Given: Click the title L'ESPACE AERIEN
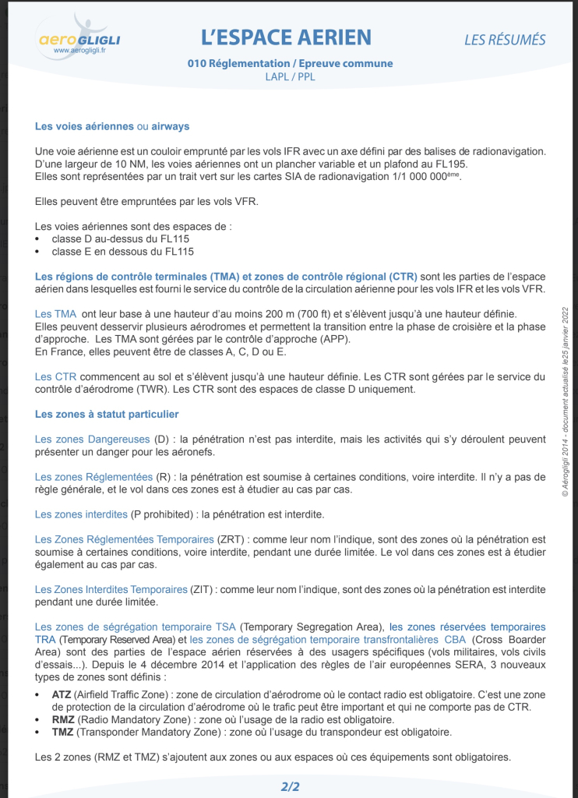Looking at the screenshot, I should (286, 37).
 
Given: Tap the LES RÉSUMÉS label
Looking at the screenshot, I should (505, 40).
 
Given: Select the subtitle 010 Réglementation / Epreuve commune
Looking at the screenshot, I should (290, 64).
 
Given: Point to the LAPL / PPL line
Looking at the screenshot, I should (290, 77).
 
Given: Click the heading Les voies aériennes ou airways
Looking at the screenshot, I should (112, 126).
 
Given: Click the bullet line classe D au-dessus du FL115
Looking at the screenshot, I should (120, 239).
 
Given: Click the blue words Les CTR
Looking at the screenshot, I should (55, 376).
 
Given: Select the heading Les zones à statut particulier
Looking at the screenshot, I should (107, 414).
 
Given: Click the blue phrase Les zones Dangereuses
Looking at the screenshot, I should (93, 440).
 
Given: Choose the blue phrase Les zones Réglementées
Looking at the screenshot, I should (93, 477).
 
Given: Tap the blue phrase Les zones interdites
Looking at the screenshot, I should (81, 514).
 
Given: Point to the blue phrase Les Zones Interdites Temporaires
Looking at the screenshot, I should (111, 589).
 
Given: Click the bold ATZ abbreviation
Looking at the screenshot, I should (62, 694).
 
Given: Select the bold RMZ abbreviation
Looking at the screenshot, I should (63, 719).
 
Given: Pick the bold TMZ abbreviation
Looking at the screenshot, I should (62, 732).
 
